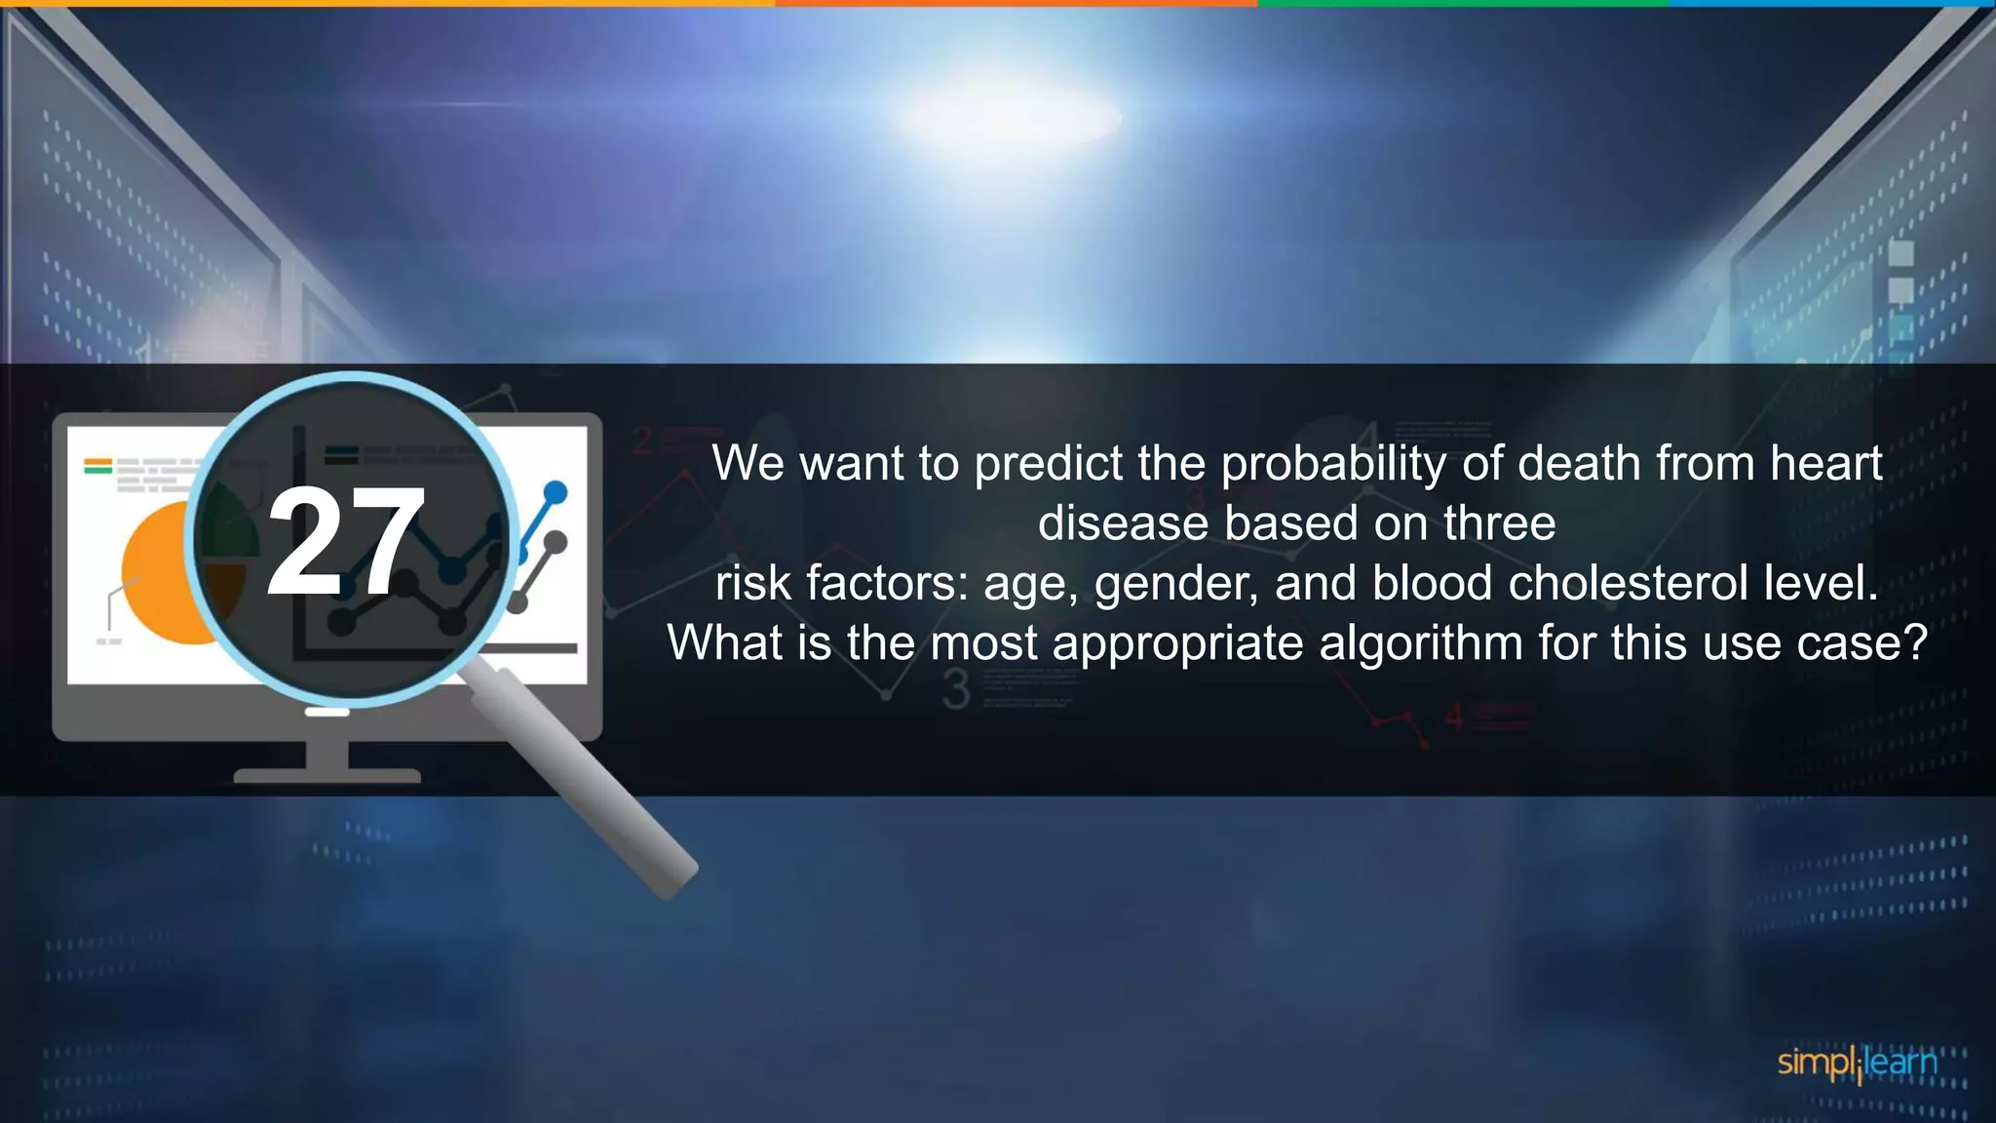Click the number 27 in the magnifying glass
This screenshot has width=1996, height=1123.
tap(346, 542)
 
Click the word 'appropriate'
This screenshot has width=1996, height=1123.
tap(1177, 644)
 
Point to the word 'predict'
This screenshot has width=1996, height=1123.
tap(1048, 463)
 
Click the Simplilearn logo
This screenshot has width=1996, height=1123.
tap(1856, 1063)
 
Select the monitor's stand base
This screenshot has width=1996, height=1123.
tap(326, 776)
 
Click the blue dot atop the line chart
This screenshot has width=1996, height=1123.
tap(555, 491)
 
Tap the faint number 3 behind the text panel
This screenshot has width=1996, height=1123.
tap(957, 690)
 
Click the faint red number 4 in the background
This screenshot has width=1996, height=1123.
tap(1453, 717)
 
